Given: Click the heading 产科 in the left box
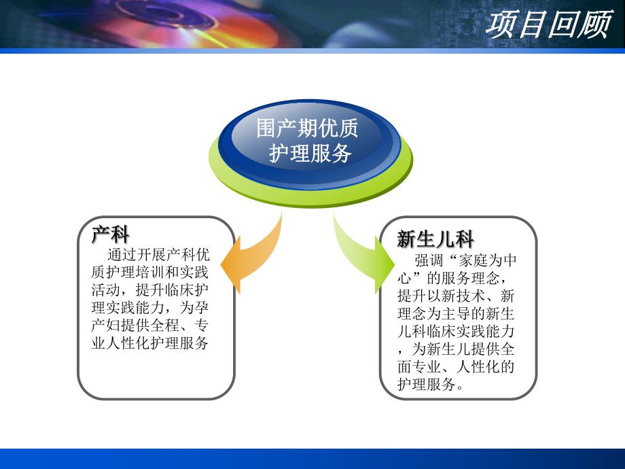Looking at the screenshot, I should [110, 234].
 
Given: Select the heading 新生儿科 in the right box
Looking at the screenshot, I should [435, 239].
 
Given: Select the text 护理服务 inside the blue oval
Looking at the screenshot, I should [310, 154].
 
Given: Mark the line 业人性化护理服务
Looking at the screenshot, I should [150, 343].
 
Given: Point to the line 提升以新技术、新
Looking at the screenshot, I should [457, 296].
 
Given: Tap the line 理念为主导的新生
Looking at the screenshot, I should [457, 313].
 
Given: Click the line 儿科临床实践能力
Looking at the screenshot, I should [457, 331].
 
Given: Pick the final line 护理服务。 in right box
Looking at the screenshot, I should [432, 384].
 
